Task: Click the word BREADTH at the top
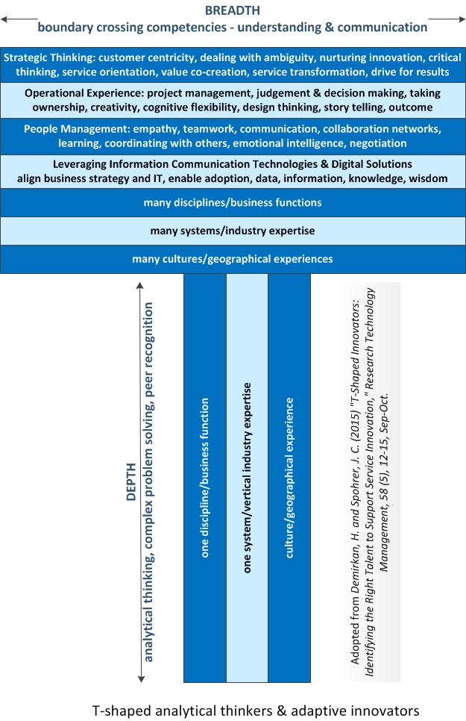point(233,10)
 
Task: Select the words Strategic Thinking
point(49,57)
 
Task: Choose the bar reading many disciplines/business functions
point(233,202)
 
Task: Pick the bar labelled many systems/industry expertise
point(233,231)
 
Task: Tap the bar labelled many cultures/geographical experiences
point(233,259)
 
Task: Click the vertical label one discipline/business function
point(205,478)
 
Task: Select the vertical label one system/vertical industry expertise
point(248,478)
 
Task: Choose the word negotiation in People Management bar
point(378,143)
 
